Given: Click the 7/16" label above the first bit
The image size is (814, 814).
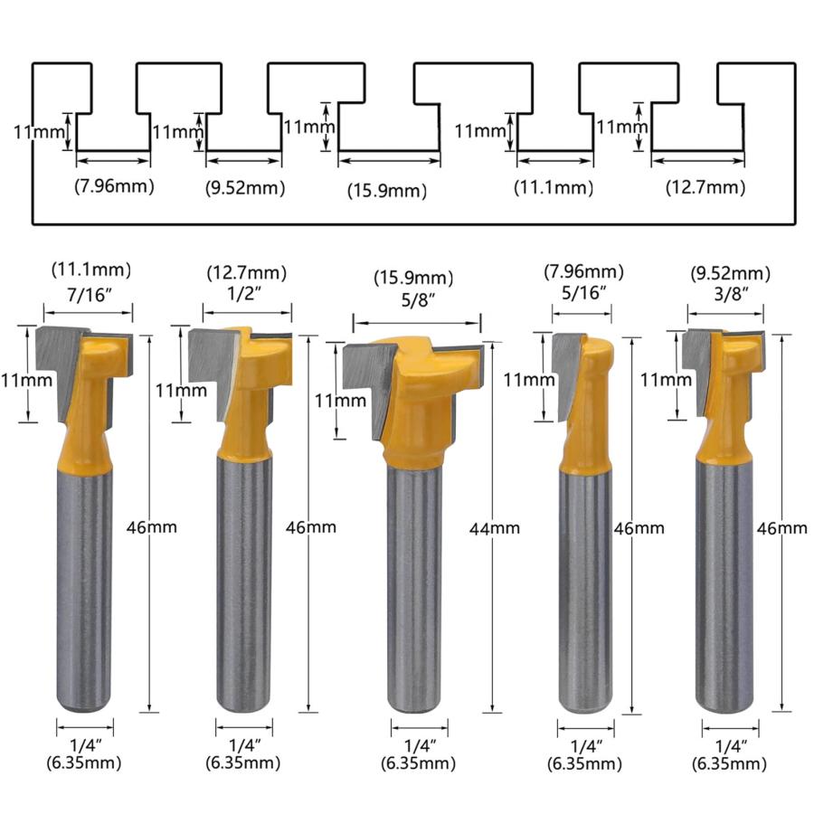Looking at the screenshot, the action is tap(90, 294).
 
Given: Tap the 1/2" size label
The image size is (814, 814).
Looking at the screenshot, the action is tap(244, 294).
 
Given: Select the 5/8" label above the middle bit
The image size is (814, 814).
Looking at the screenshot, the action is tap(418, 299).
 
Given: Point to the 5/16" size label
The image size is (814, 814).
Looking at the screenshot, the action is tap(584, 293).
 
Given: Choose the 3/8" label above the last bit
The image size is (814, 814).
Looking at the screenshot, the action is tap(731, 294).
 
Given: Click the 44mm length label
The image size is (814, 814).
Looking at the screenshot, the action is tap(494, 528).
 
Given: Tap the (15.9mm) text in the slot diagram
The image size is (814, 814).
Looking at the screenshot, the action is tap(387, 191).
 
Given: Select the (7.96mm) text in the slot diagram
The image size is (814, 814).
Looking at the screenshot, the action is tap(114, 185).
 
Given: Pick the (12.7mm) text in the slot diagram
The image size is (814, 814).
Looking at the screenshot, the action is tap(705, 187).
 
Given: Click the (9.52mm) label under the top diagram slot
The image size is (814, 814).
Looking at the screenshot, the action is tap(245, 187).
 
